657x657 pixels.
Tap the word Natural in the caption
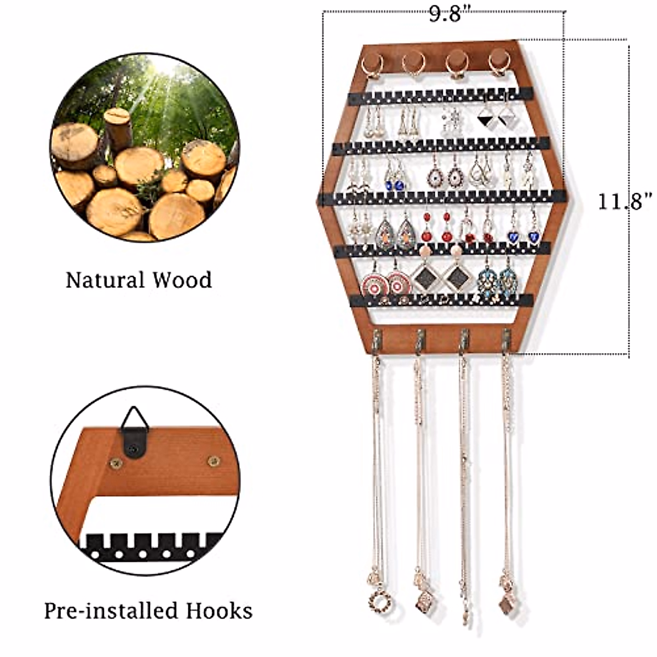102,280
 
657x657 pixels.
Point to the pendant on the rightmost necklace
505,602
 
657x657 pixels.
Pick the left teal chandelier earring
487,281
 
